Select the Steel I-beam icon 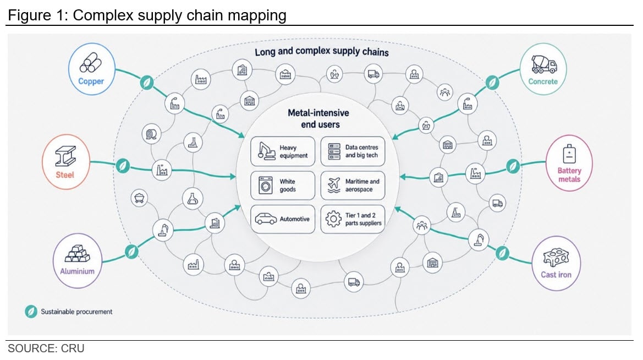[65, 156]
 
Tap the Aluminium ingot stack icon [78, 253]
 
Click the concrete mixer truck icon [544, 64]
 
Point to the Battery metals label [569, 175]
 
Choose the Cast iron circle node [556, 263]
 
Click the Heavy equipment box [283, 151]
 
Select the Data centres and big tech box [353, 151]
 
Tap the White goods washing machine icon [265, 185]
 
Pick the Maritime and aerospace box [353, 185]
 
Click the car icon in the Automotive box [266, 219]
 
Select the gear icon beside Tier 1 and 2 [333, 219]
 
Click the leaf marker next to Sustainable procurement [31, 312]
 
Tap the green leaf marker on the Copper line [147, 83]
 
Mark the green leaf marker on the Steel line [123, 166]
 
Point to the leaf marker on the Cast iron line [502, 253]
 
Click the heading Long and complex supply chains [321, 52]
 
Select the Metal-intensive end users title [318, 119]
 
